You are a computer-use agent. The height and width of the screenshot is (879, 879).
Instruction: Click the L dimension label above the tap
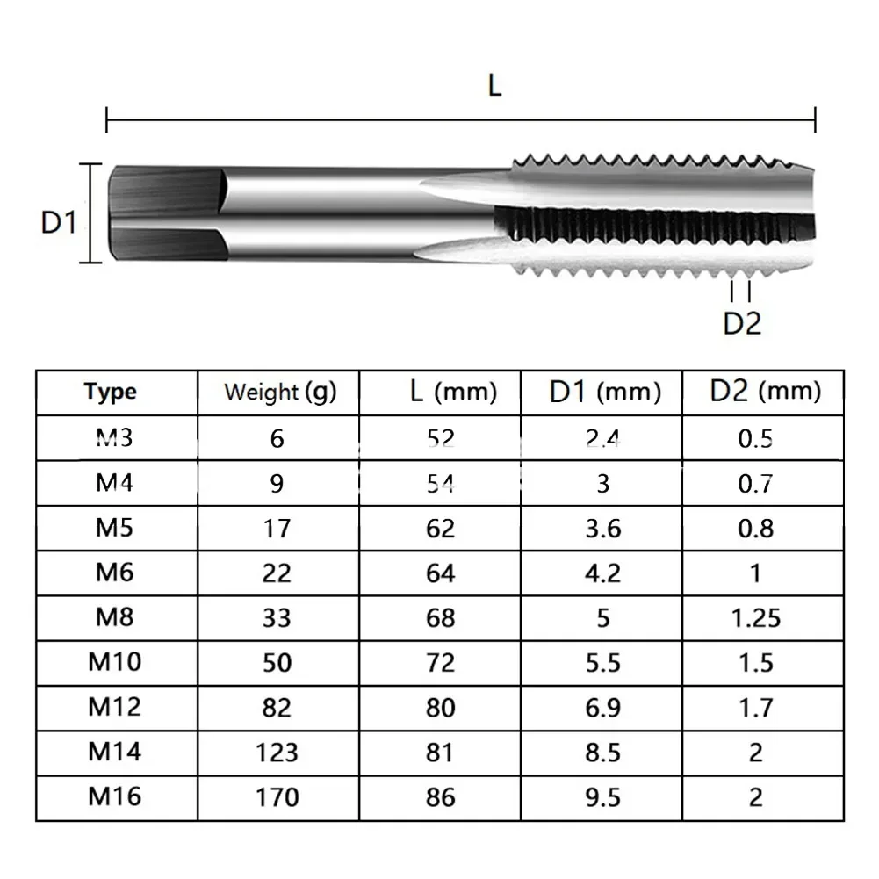click(x=494, y=86)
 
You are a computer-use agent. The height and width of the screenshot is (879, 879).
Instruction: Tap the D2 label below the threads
click(x=742, y=323)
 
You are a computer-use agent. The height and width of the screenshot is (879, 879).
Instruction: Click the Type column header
click(x=112, y=392)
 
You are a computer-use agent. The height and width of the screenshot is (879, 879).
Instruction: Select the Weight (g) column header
click(x=279, y=392)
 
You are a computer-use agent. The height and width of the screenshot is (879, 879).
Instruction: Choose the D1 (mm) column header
click(x=604, y=392)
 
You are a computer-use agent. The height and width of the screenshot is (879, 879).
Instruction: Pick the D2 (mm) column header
click(x=764, y=391)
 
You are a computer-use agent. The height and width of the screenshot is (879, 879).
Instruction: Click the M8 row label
click(x=114, y=616)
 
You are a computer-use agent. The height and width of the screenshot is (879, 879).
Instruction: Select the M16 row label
click(x=114, y=796)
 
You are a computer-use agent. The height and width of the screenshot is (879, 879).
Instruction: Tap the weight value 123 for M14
click(x=277, y=753)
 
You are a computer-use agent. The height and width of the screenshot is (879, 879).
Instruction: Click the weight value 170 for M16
click(x=277, y=797)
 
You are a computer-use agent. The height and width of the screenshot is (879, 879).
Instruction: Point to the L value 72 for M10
click(x=441, y=662)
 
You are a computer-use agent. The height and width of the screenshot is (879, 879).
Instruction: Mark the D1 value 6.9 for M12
click(x=603, y=707)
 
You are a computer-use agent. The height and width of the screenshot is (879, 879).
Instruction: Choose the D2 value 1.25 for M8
click(x=755, y=617)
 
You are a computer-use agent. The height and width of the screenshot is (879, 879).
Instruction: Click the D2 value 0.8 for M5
click(x=755, y=528)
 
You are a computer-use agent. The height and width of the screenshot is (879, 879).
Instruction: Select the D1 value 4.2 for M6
click(x=603, y=573)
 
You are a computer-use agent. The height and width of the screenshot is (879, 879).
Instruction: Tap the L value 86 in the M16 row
click(x=441, y=797)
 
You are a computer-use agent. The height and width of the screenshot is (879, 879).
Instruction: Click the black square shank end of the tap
click(x=162, y=213)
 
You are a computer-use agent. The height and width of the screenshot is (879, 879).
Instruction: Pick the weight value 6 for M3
click(x=277, y=437)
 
